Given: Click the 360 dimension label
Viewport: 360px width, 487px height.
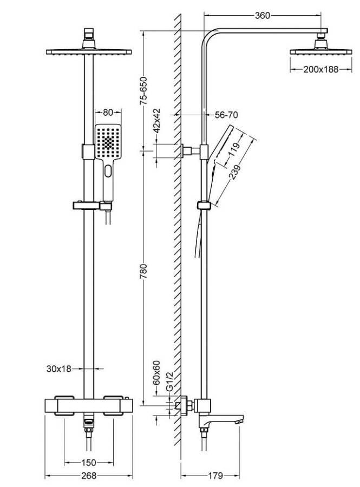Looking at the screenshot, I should click(262, 16).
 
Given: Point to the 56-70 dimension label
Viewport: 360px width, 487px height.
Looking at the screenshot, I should click(226, 115).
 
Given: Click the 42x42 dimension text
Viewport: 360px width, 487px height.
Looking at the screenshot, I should click(157, 121).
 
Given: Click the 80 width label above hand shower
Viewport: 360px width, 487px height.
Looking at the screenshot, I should click(107, 113).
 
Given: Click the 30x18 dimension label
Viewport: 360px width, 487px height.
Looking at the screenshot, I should click(59, 369).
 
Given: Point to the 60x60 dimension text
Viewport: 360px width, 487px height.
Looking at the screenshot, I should click(157, 372).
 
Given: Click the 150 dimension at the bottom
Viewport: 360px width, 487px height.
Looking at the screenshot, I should click(89, 463).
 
